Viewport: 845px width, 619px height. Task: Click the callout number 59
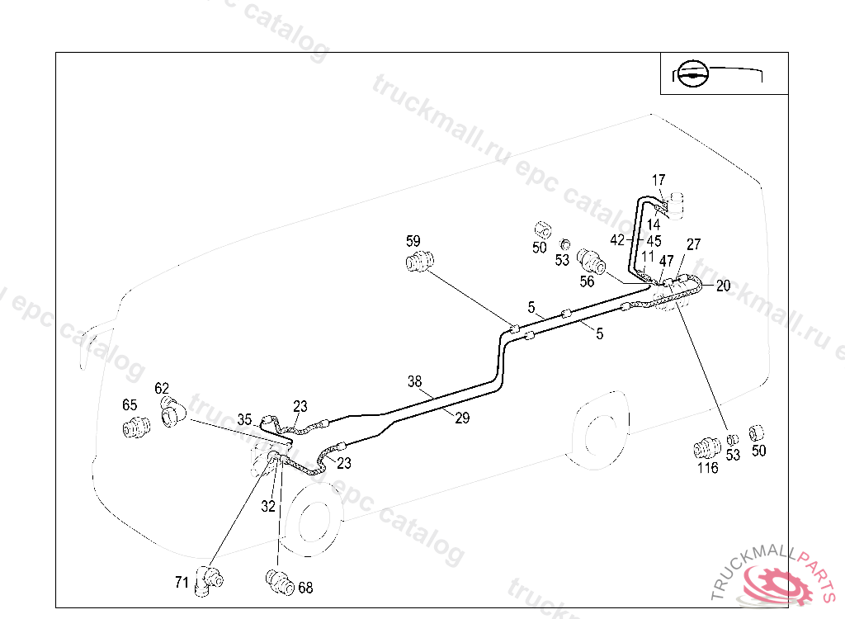coord(413,241)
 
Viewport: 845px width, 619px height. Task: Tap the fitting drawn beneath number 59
coord(420,262)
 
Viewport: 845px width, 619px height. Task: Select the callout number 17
coord(658,180)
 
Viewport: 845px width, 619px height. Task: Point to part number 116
coord(707,468)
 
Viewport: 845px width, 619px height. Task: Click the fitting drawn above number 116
coord(705,448)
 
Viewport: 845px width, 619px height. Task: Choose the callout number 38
coord(414,381)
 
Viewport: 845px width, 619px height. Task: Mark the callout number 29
coord(462,418)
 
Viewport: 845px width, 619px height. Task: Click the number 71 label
coord(182,582)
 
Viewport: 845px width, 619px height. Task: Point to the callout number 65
coord(130,405)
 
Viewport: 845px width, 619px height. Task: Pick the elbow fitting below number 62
coord(172,412)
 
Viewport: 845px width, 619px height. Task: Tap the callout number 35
coord(244,418)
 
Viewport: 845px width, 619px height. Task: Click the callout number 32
coord(268,507)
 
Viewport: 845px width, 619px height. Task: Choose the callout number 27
coord(693,244)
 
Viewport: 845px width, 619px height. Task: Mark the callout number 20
coord(723,286)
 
